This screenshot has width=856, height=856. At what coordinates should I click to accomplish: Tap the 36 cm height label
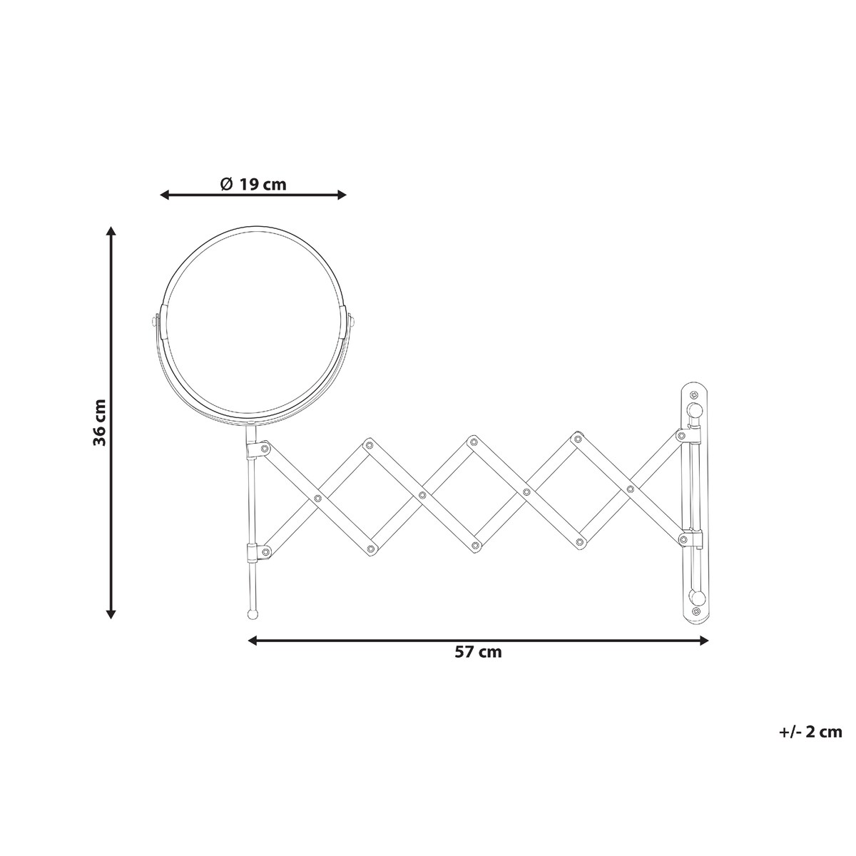pyautogui.click(x=99, y=422)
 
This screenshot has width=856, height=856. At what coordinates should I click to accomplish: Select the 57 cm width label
pyautogui.click(x=478, y=664)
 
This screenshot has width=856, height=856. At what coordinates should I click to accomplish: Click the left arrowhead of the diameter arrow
pyautogui.click(x=165, y=195)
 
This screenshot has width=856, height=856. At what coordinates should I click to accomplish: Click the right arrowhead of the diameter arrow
pyautogui.click(x=341, y=195)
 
